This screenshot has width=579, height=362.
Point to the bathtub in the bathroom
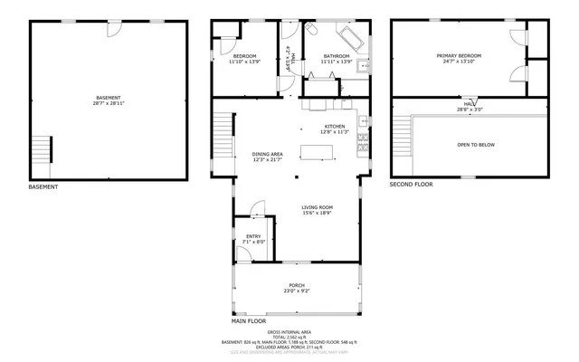click(x=349, y=38)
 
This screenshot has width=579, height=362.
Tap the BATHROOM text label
click(x=337, y=56)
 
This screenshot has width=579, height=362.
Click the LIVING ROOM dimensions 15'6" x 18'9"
click(x=317, y=214)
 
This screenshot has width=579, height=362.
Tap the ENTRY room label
click(x=253, y=236)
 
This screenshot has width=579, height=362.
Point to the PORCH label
click(x=297, y=284)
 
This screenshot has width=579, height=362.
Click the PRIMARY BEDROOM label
click(x=459, y=56)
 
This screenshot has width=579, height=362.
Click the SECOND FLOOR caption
click(x=411, y=184)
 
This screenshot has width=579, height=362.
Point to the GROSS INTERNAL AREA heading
click(x=296, y=332)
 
